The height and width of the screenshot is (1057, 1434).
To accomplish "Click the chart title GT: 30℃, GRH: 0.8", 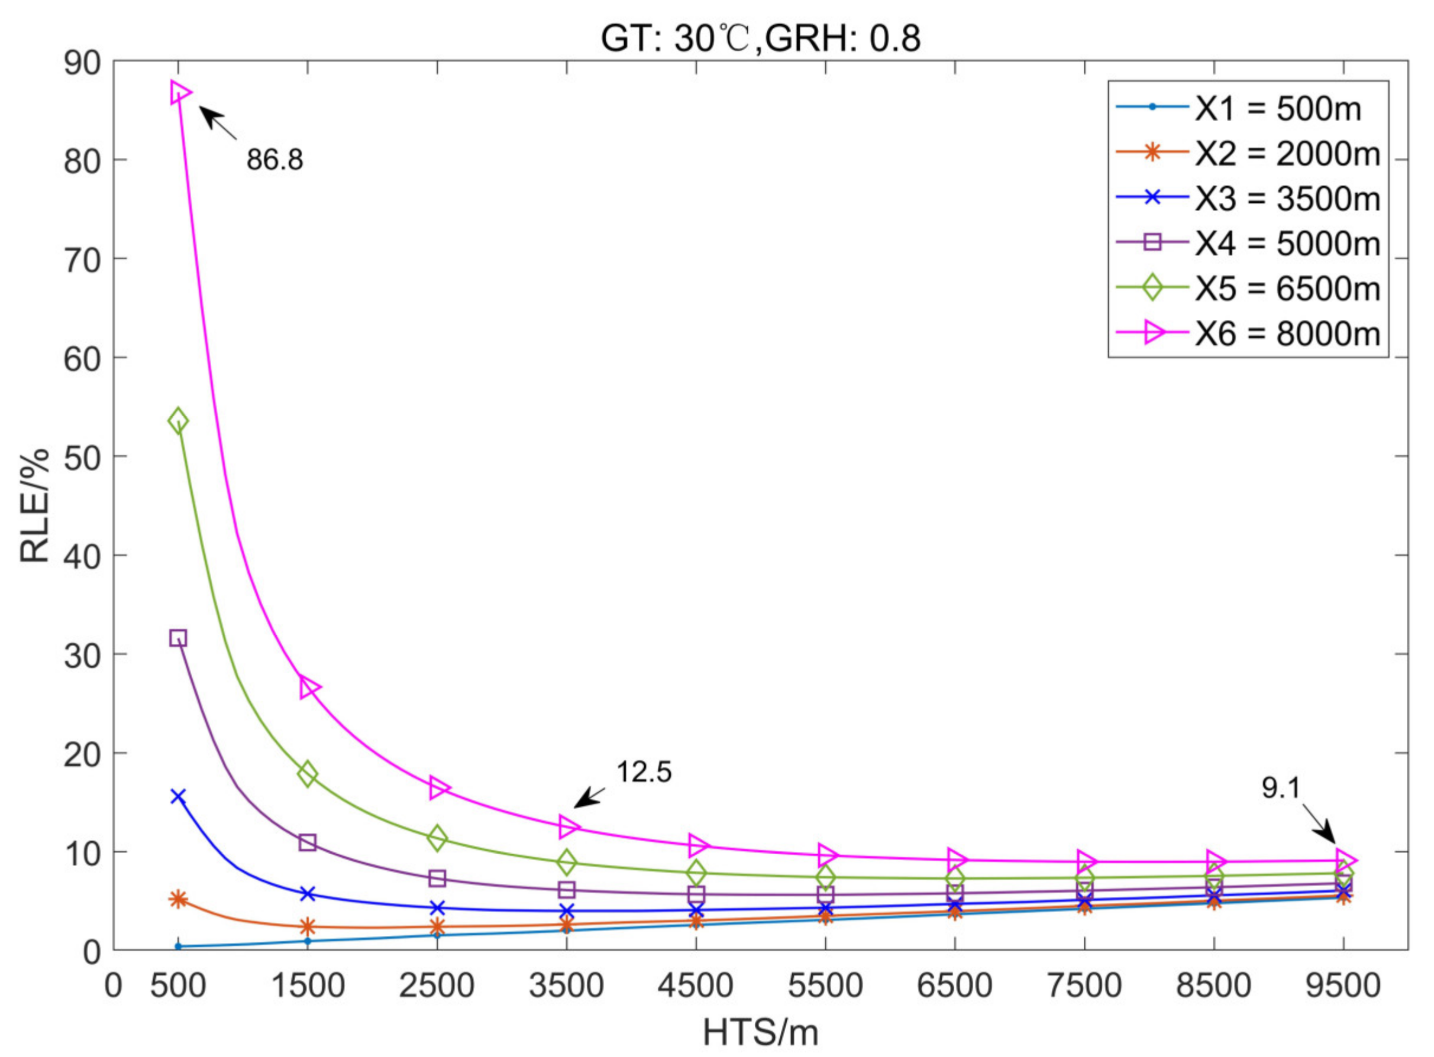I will (760, 39).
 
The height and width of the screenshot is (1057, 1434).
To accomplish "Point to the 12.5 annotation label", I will (644, 772).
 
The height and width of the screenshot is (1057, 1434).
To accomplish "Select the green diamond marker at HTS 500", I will (178, 420).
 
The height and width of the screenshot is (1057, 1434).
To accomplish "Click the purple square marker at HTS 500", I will (178, 638).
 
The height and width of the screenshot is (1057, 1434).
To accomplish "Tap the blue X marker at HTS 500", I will (178, 796).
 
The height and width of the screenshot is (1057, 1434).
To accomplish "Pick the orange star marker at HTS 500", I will (178, 899).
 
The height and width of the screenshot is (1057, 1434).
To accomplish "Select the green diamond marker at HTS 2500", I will (437, 838).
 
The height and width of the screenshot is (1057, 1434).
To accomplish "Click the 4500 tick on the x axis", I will (695, 986).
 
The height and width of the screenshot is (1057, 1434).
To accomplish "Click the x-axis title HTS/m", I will (761, 1032).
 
